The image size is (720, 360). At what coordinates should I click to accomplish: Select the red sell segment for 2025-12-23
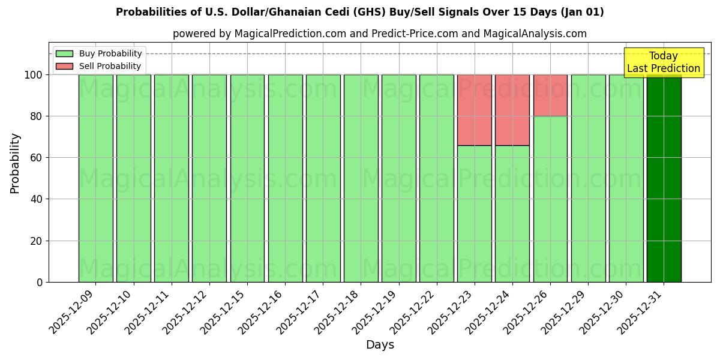tap(474, 110)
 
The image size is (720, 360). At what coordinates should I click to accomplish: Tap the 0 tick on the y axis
tap(39, 282)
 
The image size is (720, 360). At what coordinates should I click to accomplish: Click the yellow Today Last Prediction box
tap(663, 62)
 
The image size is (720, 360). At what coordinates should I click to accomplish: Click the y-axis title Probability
tap(15, 163)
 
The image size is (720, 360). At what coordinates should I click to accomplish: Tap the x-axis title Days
tap(380, 345)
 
